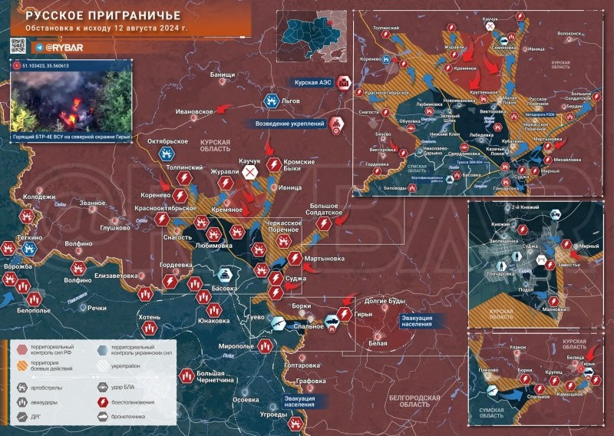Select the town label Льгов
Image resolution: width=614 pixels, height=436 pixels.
point(291,101)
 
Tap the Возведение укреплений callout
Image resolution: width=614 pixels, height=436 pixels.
point(290,123)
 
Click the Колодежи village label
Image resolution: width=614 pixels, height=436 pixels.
point(39,197)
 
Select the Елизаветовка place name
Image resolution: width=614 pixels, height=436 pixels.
point(114,275)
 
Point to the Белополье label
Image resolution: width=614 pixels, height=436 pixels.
point(33,310)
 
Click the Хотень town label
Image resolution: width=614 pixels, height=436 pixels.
point(149,316)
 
